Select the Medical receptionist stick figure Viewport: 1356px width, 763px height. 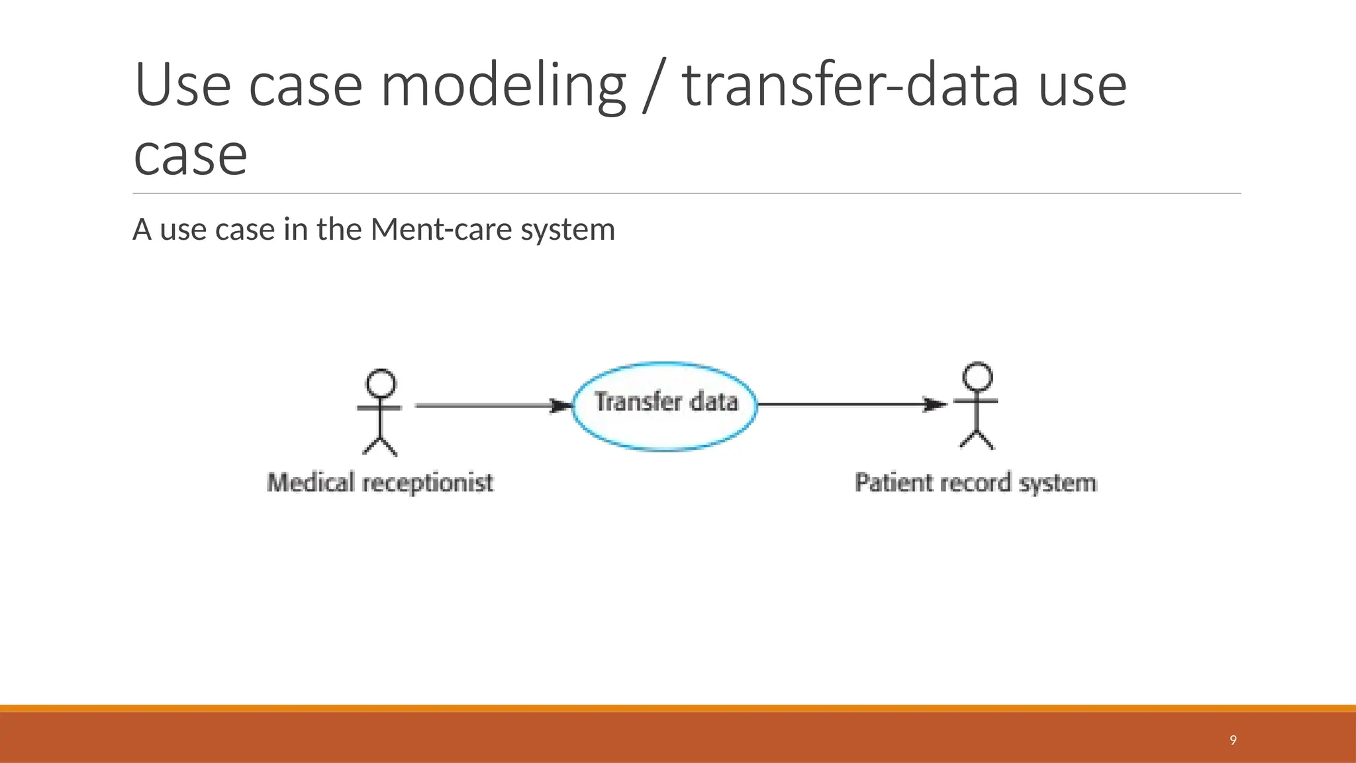380,413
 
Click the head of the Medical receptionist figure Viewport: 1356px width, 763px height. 381,383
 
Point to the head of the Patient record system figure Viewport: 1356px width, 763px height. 978,376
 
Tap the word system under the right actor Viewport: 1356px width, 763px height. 1057,483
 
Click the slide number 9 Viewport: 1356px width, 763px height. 1233,740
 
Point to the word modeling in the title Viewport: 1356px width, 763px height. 503,86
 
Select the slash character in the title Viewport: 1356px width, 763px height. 654,86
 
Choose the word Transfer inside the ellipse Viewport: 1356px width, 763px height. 638,401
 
